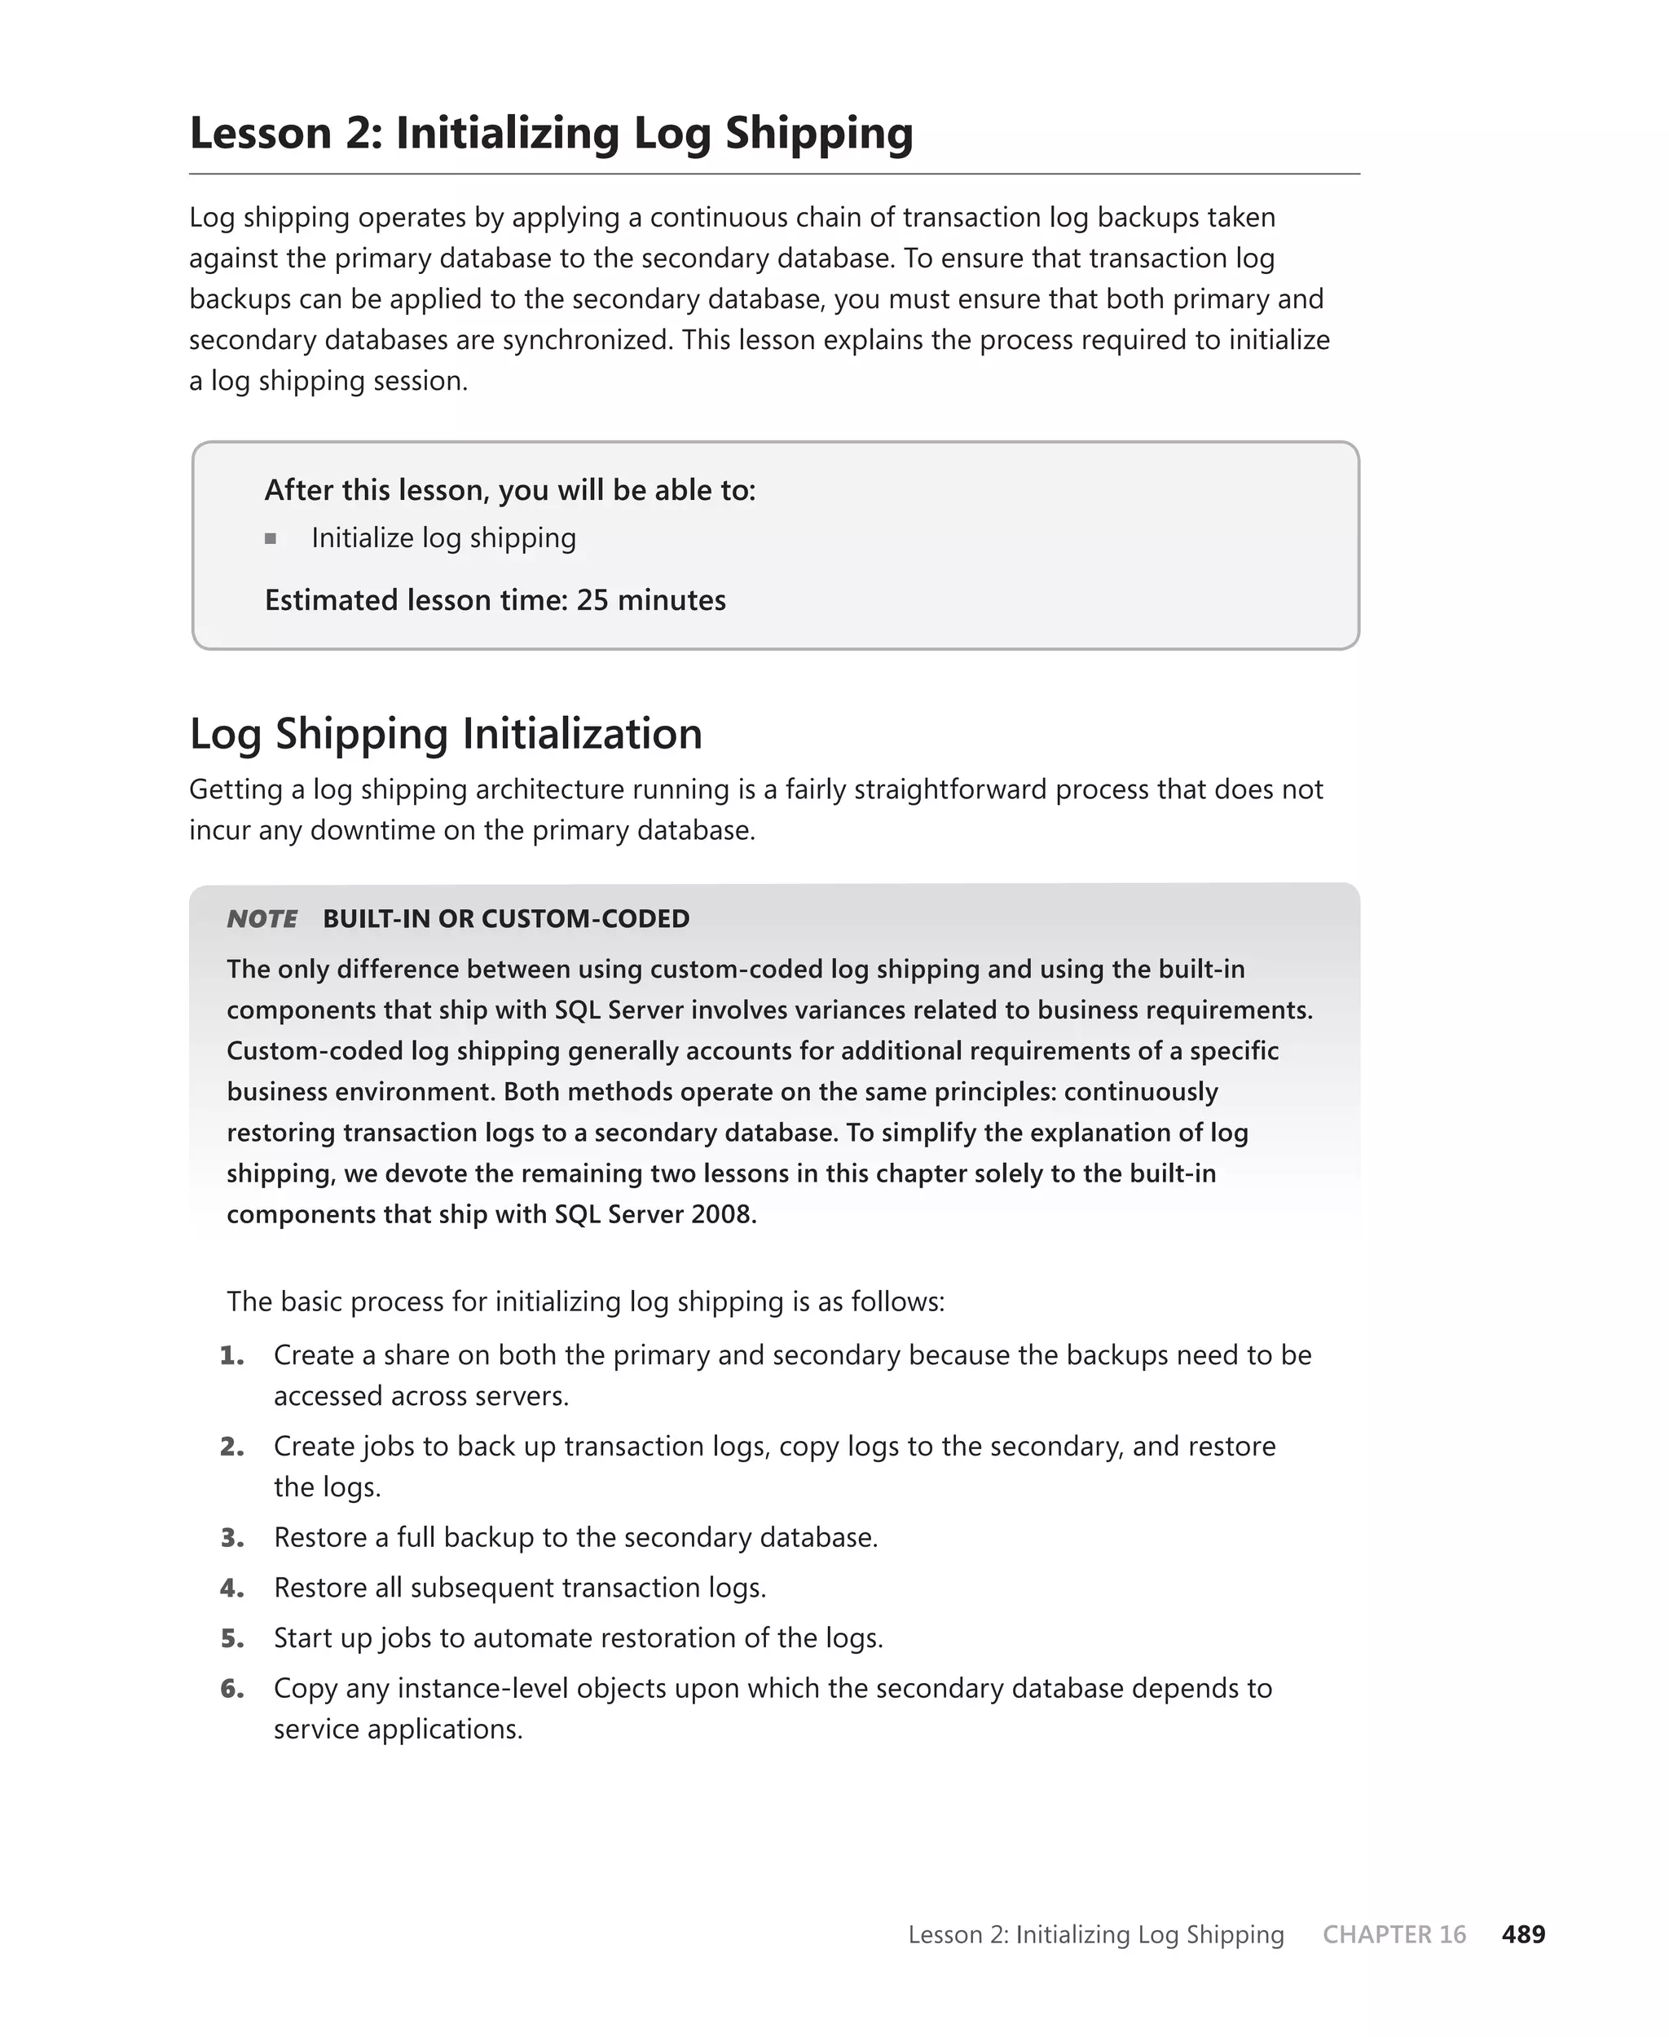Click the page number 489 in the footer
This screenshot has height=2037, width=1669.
1523,1934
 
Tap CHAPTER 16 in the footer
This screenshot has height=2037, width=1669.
1394,1934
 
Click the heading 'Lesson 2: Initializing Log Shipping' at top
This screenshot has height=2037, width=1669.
551,133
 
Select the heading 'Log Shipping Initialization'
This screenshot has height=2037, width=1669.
446,733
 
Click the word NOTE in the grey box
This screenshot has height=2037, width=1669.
262,918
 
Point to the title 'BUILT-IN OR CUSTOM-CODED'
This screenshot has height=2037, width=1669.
506,918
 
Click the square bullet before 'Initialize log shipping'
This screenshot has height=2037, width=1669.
271,538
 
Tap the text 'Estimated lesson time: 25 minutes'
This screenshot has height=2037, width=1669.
495,600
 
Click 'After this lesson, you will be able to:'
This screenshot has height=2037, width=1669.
509,491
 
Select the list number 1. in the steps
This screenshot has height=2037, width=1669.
231,1355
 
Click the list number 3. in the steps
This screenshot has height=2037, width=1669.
231,1537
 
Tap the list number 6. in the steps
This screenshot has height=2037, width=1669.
231,1688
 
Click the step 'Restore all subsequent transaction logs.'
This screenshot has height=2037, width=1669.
519,1587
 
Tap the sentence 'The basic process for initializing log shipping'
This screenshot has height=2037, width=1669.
584,1301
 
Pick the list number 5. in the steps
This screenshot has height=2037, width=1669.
231,1638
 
